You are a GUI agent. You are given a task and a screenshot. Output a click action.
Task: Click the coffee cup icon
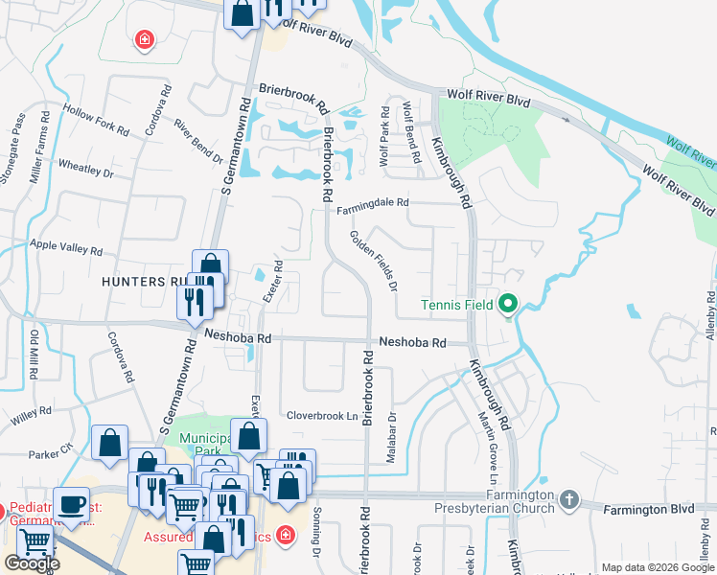point(72,505)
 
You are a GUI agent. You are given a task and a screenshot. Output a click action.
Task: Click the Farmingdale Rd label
point(371,203)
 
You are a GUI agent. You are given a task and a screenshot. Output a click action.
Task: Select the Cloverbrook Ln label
point(322,417)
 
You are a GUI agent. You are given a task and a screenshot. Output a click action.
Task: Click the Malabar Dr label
point(391,439)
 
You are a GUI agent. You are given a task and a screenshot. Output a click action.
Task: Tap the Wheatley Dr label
point(86,170)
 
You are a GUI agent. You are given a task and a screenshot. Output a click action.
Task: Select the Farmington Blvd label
point(647,510)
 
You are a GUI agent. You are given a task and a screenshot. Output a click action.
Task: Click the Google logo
point(32,563)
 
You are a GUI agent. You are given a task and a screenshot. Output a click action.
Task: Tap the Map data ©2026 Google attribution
point(658,567)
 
